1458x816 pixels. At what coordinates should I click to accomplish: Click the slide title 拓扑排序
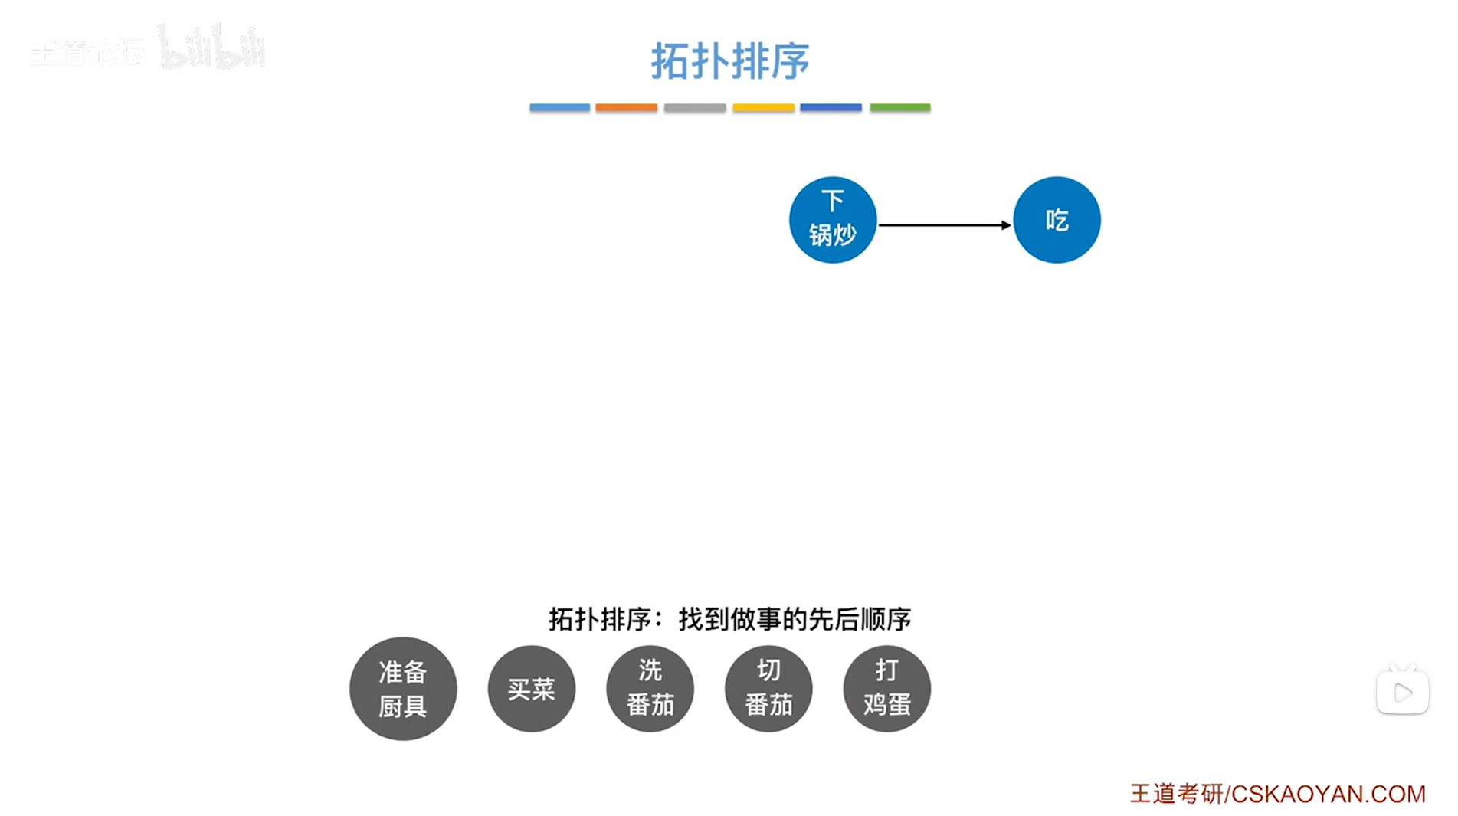tap(729, 61)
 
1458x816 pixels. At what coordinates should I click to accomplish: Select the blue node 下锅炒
tap(832, 220)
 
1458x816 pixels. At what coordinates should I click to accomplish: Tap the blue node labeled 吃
tap(1057, 220)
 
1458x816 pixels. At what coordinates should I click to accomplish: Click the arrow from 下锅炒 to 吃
tap(942, 225)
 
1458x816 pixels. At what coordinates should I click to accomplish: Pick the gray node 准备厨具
tap(403, 688)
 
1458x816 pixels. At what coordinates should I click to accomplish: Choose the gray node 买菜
tap(531, 688)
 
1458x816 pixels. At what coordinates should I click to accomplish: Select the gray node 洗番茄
tap(650, 688)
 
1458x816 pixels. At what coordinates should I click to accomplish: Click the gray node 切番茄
tap(768, 688)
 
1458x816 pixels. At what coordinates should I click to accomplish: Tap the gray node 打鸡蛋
tap(886, 688)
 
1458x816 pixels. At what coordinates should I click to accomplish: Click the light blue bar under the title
tap(559, 108)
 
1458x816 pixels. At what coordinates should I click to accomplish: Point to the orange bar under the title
tap(626, 108)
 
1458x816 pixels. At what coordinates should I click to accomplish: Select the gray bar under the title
tap(695, 108)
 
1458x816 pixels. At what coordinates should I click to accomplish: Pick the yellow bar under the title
tap(763, 108)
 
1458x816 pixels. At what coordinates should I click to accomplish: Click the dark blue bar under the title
tap(831, 108)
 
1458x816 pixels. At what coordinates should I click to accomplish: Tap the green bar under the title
tap(899, 108)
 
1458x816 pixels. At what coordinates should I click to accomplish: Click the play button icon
tap(1402, 693)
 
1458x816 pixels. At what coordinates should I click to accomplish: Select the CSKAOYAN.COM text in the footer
tap(1328, 795)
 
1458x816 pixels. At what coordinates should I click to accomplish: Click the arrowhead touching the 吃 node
tap(1006, 225)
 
